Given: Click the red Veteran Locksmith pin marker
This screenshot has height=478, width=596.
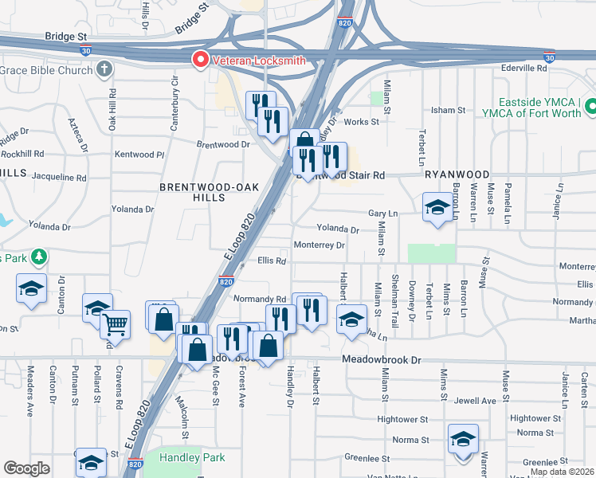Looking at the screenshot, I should pos(199,59).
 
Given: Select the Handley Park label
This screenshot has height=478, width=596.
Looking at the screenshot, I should pos(192,457).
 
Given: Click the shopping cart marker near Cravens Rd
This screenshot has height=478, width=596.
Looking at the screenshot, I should pos(116,325).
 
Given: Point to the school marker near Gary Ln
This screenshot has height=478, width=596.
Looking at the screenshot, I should pos(437,209).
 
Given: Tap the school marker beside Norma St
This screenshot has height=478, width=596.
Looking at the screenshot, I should pos(463,440).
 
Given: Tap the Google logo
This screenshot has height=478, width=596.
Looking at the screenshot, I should pos(27,468).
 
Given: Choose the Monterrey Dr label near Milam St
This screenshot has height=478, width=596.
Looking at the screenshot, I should pos(319,245).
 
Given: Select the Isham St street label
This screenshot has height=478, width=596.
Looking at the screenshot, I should pos(449,110).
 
